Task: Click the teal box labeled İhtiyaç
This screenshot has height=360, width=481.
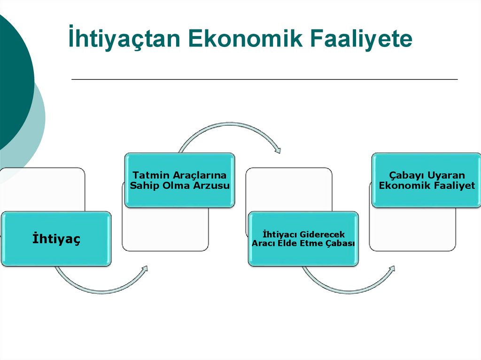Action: tap(56, 239)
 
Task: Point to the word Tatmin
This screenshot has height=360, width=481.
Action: tap(148, 175)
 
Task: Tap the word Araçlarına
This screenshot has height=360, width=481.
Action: tap(197, 175)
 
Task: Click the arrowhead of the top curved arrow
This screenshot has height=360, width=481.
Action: tap(278, 151)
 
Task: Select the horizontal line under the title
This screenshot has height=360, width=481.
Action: tap(264, 80)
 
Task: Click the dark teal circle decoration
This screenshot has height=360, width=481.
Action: tap(14, 80)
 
